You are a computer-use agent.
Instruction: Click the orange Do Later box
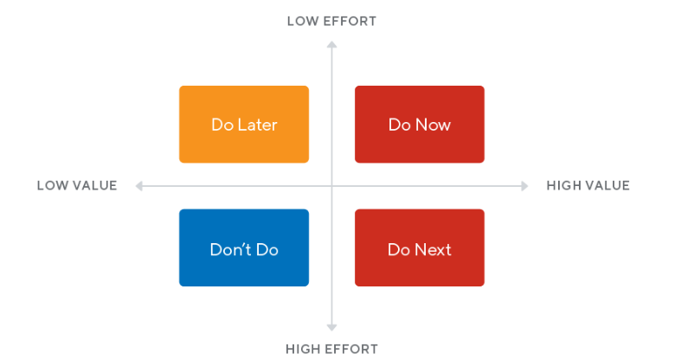pos(244,125)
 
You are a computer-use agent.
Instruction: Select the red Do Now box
pos(420,125)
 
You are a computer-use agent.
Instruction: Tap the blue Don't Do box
pos(244,247)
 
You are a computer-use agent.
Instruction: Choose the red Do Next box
pos(420,247)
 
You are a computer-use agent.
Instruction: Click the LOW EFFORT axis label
pos(331,22)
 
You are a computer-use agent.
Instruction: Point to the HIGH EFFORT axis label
pos(331,349)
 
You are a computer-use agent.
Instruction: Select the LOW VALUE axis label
pos(77,186)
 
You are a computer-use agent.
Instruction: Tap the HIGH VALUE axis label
pos(588,186)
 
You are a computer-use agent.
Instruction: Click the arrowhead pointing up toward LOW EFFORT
pos(331,44)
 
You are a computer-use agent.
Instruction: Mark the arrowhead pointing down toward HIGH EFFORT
pos(331,327)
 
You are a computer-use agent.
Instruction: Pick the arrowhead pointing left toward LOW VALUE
pos(139,186)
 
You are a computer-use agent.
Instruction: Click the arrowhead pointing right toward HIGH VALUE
pos(524,186)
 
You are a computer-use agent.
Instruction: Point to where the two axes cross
pos(331,186)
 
